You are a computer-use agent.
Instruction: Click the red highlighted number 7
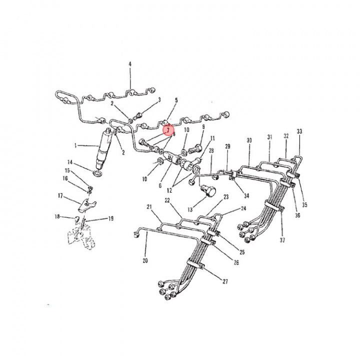pyautogui.click(x=168, y=130)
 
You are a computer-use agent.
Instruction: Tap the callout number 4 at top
pyautogui.click(x=130, y=63)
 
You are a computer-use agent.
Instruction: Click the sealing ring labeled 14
pyautogui.click(x=97, y=173)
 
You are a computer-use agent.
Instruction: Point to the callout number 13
pyautogui.click(x=190, y=209)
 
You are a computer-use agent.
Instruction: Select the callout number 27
pyautogui.click(x=225, y=281)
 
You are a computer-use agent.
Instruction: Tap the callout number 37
pyautogui.click(x=282, y=240)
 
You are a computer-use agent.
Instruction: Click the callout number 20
pyautogui.click(x=145, y=260)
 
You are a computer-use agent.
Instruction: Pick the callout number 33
pyautogui.click(x=299, y=131)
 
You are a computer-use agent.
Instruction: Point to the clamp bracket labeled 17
pyautogui.click(x=86, y=204)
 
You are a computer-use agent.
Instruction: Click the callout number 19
pyautogui.click(x=111, y=218)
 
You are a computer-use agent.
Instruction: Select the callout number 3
pyautogui.click(x=159, y=100)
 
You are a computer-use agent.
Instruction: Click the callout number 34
pyautogui.click(x=246, y=195)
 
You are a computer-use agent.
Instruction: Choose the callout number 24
pyautogui.click(x=243, y=208)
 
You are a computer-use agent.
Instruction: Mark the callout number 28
pyautogui.click(x=211, y=150)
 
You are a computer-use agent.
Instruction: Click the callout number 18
pyautogui.click(x=57, y=216)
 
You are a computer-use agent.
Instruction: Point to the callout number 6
pyautogui.click(x=160, y=185)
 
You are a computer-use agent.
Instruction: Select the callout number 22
pyautogui.click(x=167, y=200)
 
